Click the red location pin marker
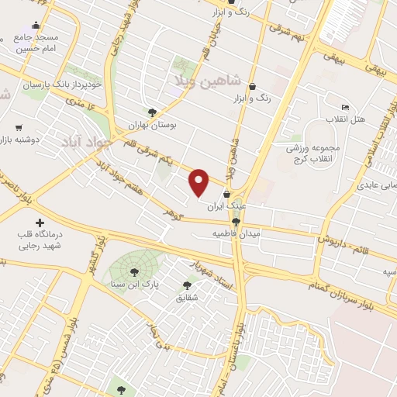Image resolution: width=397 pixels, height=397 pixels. [199, 182]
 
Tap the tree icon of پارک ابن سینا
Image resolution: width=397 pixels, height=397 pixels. [134, 271]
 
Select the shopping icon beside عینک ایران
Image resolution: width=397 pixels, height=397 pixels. [226, 195]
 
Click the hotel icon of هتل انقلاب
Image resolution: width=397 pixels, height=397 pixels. [345, 107]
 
